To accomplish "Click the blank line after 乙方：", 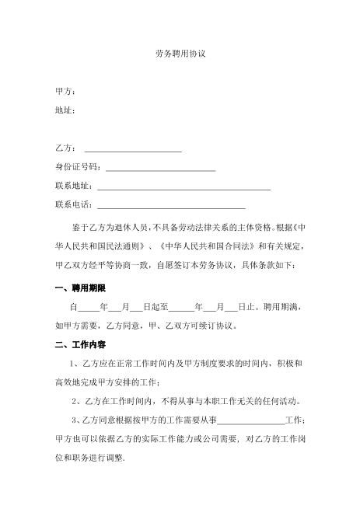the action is pos(132,148).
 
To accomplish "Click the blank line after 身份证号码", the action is pos(160,168).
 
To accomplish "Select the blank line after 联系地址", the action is pos(182,187).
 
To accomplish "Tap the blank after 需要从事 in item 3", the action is pos(252,421).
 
